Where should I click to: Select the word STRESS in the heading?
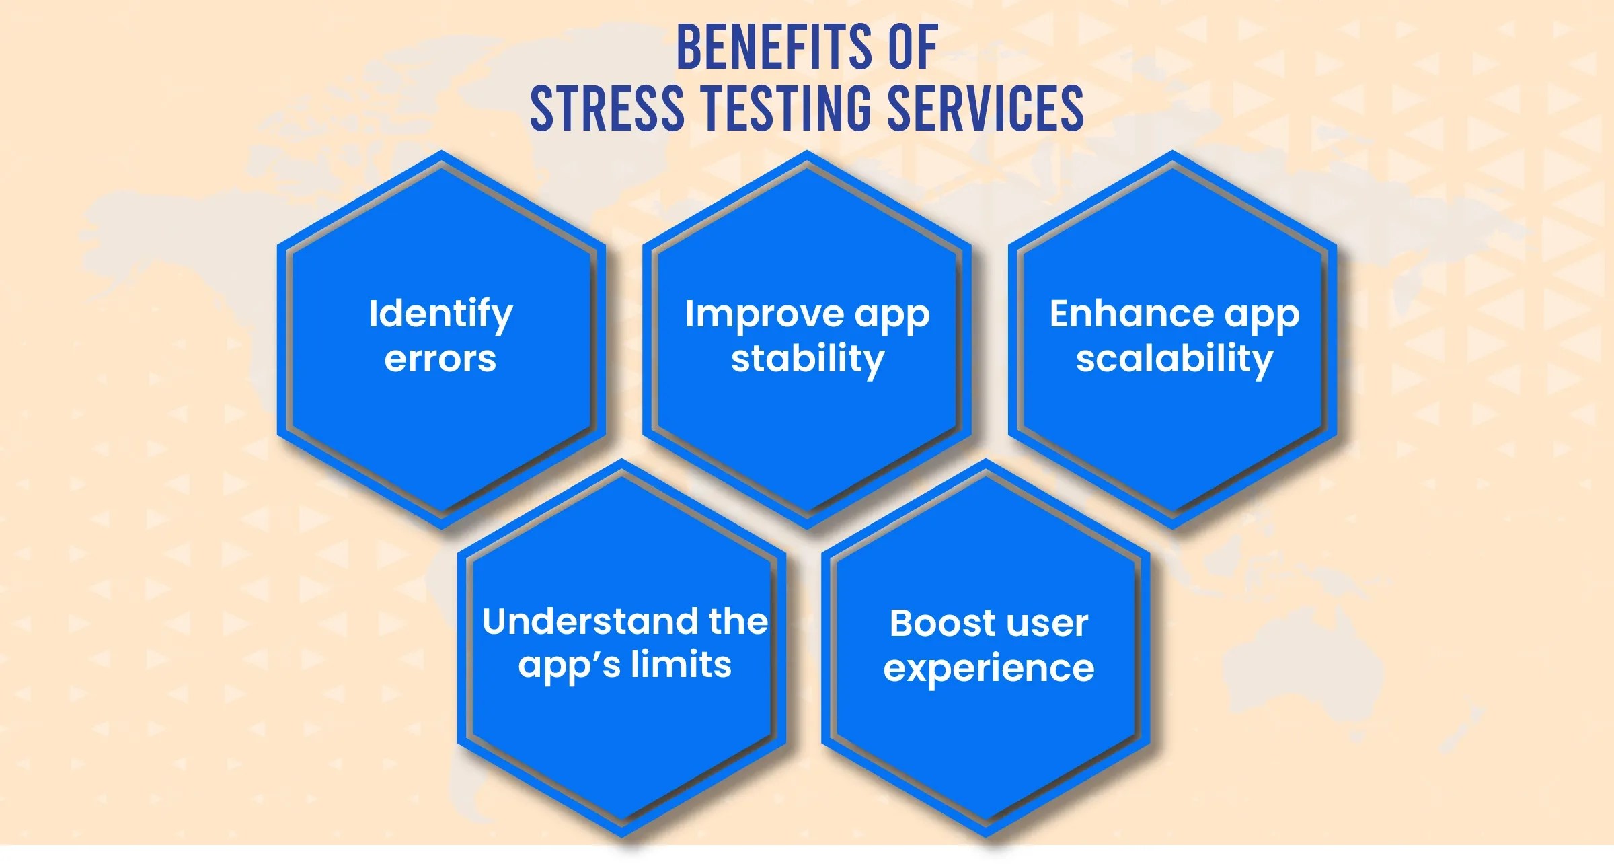(x=607, y=109)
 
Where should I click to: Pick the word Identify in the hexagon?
(x=440, y=314)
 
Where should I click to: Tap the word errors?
(x=440, y=359)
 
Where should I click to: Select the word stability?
(x=807, y=359)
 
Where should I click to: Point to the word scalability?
(x=1174, y=359)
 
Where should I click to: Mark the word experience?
(x=989, y=668)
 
